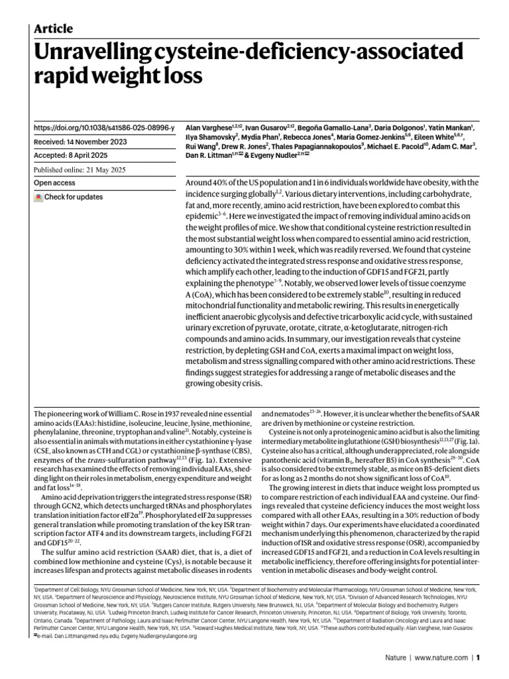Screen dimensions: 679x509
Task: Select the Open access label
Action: point(56,183)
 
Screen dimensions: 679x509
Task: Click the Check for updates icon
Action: point(38,197)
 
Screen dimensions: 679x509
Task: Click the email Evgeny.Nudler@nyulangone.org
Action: point(160,636)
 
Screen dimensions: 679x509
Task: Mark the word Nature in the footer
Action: point(396,658)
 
